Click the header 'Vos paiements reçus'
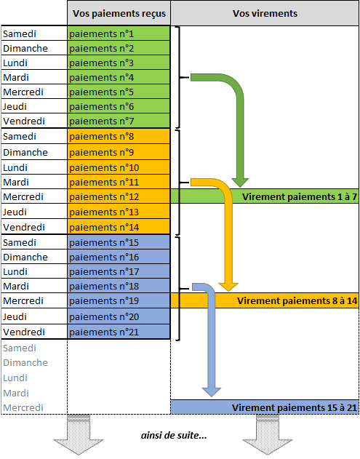click(119, 14)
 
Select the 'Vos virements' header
click(265, 14)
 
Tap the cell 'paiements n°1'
click(119, 33)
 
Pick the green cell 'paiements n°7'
click(119, 121)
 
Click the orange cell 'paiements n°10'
click(119, 167)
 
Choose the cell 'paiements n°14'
click(119, 227)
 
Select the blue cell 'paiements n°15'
click(119, 242)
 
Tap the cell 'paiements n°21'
click(119, 332)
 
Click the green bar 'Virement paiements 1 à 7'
click(265, 196)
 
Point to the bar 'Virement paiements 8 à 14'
click(265, 300)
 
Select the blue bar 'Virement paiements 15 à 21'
click(265, 407)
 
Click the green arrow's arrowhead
click(240, 183)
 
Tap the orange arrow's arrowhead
click(228, 287)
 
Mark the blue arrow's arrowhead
click(212, 392)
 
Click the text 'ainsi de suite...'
click(174, 435)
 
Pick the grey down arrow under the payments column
click(79, 435)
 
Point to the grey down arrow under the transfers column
click(268, 435)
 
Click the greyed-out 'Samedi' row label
click(20, 348)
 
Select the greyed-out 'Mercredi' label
click(23, 407)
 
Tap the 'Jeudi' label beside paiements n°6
click(15, 106)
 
